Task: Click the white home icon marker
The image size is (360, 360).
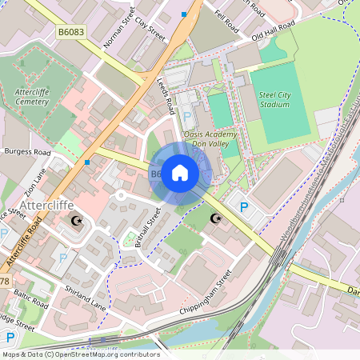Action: pyautogui.click(x=180, y=173)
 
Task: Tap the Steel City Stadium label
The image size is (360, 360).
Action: pyautogui.click(x=274, y=99)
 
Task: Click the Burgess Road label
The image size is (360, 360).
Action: pyautogui.click(x=27, y=151)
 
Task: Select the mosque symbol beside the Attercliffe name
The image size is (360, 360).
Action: pyautogui.click(x=77, y=219)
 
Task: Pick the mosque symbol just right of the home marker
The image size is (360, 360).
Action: pyautogui.click(x=214, y=218)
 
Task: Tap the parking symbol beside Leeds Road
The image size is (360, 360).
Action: pyautogui.click(x=189, y=116)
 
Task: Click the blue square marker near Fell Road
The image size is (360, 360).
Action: pyautogui.click(x=185, y=14)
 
